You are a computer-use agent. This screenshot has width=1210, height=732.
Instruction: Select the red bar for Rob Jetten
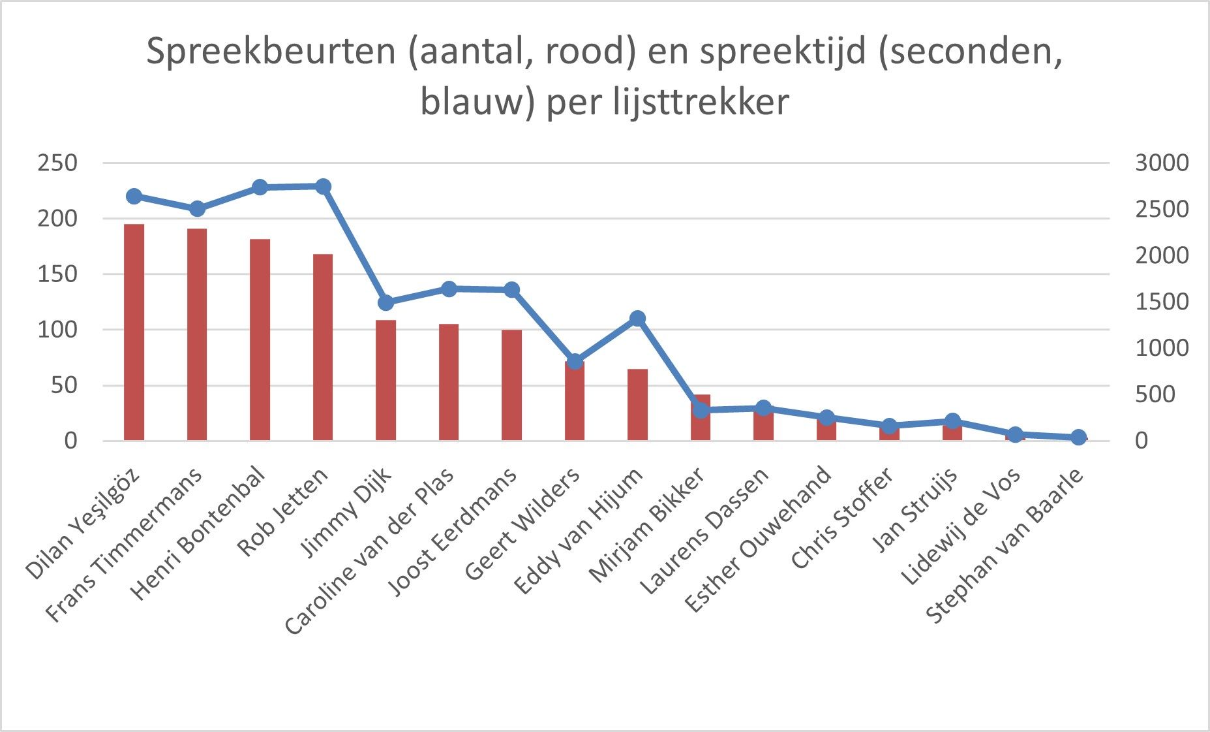point(323,347)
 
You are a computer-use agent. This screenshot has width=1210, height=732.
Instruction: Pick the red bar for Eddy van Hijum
point(637,404)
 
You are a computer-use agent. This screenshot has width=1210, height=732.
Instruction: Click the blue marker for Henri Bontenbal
point(260,187)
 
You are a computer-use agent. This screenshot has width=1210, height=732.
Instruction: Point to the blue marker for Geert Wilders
point(575,362)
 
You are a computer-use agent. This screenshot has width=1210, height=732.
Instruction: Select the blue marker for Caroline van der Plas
point(449,289)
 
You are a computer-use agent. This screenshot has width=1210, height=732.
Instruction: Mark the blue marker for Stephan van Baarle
point(1078,438)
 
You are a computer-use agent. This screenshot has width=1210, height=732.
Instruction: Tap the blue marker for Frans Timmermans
point(197,209)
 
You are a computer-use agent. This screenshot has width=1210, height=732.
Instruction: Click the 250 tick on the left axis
point(57,163)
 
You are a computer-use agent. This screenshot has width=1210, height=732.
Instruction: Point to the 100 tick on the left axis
point(57,329)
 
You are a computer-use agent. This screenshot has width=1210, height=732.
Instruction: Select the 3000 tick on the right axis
point(1162,163)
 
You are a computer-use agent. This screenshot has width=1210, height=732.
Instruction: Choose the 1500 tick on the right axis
point(1162,302)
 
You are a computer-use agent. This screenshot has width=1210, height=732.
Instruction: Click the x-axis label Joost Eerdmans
point(453,532)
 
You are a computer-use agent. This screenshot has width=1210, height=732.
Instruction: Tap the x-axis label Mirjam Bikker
point(646,526)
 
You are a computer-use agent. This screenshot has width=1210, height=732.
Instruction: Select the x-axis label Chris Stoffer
point(842,519)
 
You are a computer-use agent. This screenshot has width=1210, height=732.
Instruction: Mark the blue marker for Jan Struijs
point(952,421)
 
